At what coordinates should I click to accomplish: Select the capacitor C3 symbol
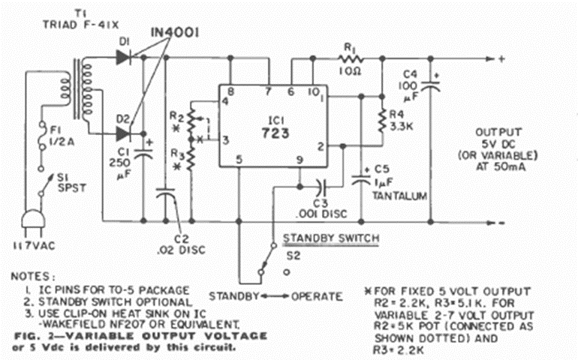[x=321, y=183]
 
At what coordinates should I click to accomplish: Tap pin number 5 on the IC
[x=238, y=159]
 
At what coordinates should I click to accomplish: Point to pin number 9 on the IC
[x=299, y=159]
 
